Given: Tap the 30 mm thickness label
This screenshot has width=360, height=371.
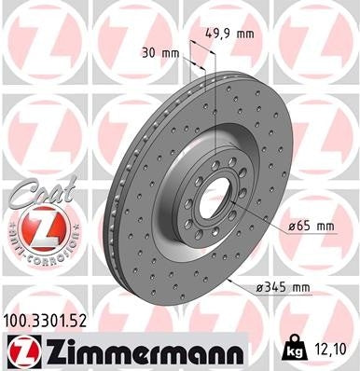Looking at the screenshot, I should [x=158, y=52].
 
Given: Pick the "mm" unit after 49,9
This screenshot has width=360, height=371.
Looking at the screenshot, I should [x=245, y=34].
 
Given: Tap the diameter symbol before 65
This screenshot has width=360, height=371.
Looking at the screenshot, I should [x=293, y=227].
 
